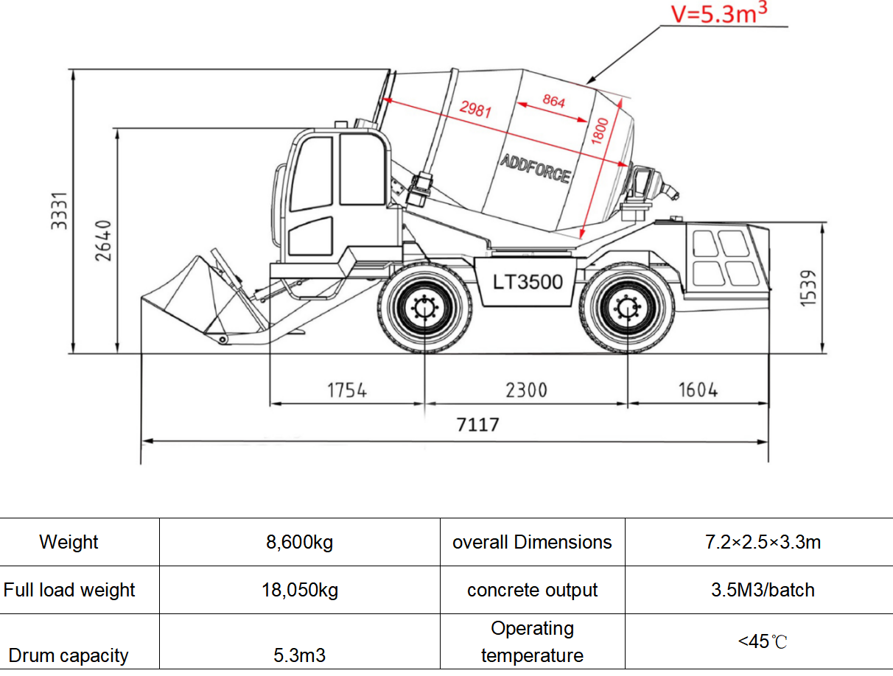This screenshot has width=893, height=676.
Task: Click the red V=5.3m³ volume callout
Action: coord(719,13)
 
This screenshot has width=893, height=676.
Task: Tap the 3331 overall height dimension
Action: coord(59,211)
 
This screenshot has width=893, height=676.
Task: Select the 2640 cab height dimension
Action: coord(103,241)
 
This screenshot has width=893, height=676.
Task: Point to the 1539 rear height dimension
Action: coord(808,288)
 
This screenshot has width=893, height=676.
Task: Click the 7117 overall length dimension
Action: coord(477,425)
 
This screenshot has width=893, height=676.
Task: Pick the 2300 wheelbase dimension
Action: coord(527,390)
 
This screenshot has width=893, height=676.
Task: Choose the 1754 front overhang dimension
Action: coord(347,390)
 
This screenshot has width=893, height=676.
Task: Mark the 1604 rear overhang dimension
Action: coord(698,390)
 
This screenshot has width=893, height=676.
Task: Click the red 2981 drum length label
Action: coord(475,109)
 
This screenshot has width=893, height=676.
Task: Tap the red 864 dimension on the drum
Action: coord(553,101)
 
